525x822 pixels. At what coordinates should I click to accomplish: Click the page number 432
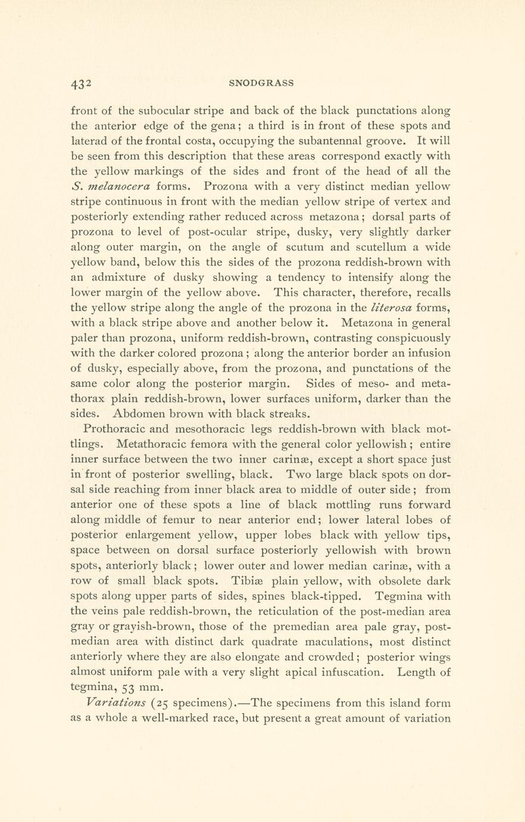80,84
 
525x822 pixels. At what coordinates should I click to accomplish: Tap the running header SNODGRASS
261,83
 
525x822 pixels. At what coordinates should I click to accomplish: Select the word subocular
163,110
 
